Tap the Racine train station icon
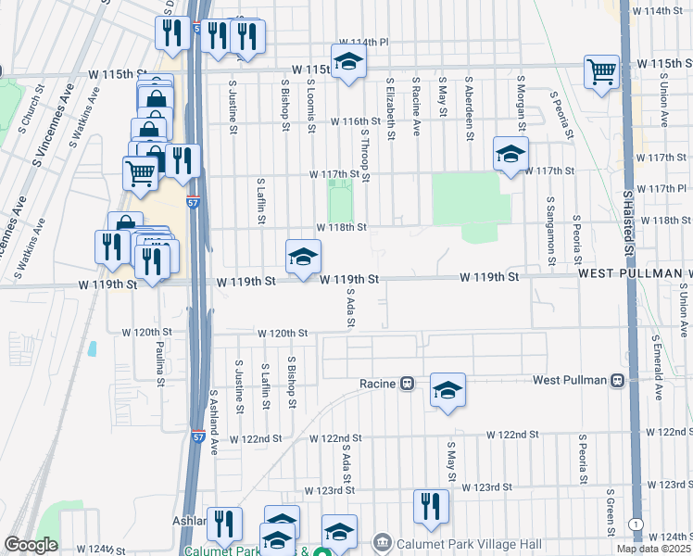pyautogui.click(x=406, y=384)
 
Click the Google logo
pyautogui.click(x=31, y=545)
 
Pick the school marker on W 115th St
pyautogui.click(x=347, y=61)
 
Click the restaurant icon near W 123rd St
pyautogui.click(x=431, y=506)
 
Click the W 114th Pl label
pyautogui.click(x=364, y=43)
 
